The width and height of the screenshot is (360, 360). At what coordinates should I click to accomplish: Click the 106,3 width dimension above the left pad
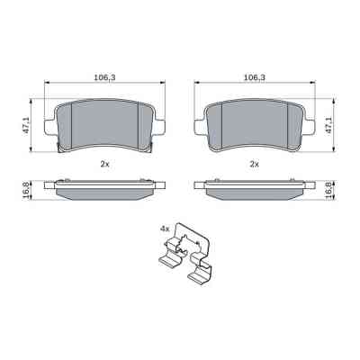coord(103,78)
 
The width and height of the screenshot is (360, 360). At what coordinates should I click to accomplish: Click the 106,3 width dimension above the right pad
coord(254,78)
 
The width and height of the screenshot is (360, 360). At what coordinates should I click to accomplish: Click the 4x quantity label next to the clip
coord(164,229)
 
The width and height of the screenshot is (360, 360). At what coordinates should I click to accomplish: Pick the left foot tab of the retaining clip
coord(168,265)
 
